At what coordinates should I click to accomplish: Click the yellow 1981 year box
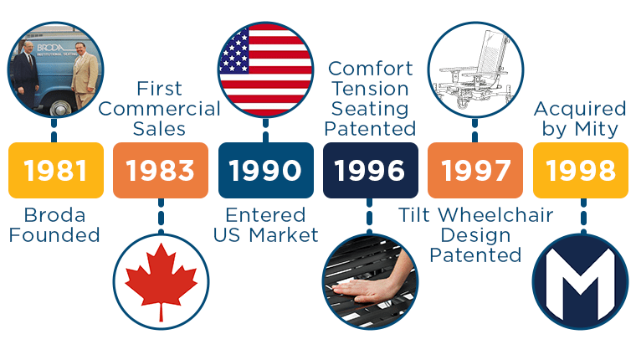pos(56,170)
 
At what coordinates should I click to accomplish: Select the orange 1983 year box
pos(161,170)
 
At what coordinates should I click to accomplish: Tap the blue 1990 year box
pos(265,170)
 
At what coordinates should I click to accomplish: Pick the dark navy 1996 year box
pos(371,170)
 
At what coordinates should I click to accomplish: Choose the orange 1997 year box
pos(475,170)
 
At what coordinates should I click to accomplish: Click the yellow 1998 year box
pos(581,170)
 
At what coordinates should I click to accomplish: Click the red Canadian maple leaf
pos(161,280)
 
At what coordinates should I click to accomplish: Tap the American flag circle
pos(265,69)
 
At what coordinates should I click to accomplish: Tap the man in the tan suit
pos(85,75)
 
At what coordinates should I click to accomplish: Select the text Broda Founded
pos(54,225)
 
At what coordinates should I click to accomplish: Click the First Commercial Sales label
pos(159,109)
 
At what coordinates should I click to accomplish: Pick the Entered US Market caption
pos(265,225)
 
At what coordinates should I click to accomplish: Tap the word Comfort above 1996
pos(371,69)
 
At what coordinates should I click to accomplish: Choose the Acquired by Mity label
pos(580,119)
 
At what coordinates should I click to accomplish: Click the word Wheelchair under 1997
pos(496,215)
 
